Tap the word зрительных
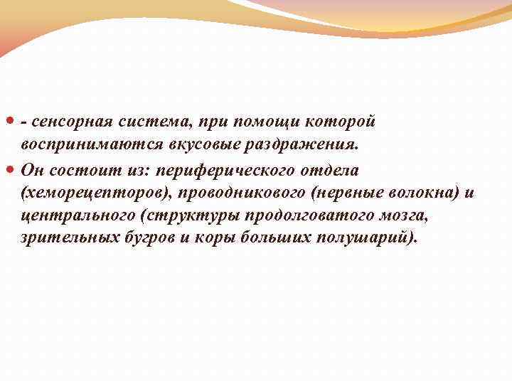coord(66,238)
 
